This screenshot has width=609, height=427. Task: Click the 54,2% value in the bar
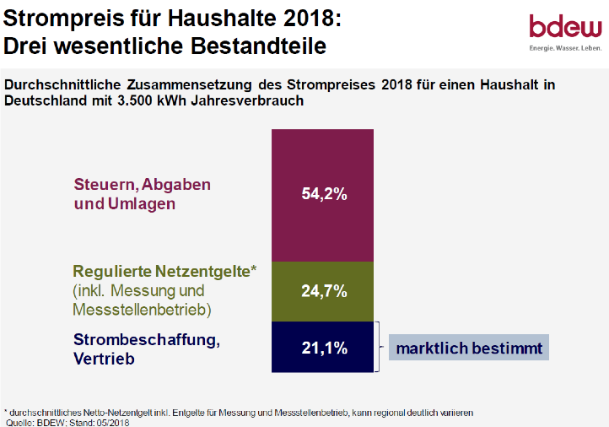pyautogui.click(x=324, y=193)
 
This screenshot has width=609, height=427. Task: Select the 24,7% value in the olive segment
pyautogui.click(x=324, y=291)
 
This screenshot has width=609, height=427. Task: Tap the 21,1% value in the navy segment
pyautogui.click(x=324, y=347)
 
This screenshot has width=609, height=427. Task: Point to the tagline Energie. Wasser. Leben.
pyautogui.click(x=564, y=49)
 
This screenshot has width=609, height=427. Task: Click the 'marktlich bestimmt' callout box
pyautogui.click(x=469, y=347)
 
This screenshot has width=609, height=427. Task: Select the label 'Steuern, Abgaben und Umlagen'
pyautogui.click(x=142, y=193)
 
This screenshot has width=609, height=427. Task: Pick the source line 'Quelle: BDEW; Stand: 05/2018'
pyautogui.click(x=67, y=421)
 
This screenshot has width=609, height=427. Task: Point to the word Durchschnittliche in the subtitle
pyautogui.click(x=67, y=85)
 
